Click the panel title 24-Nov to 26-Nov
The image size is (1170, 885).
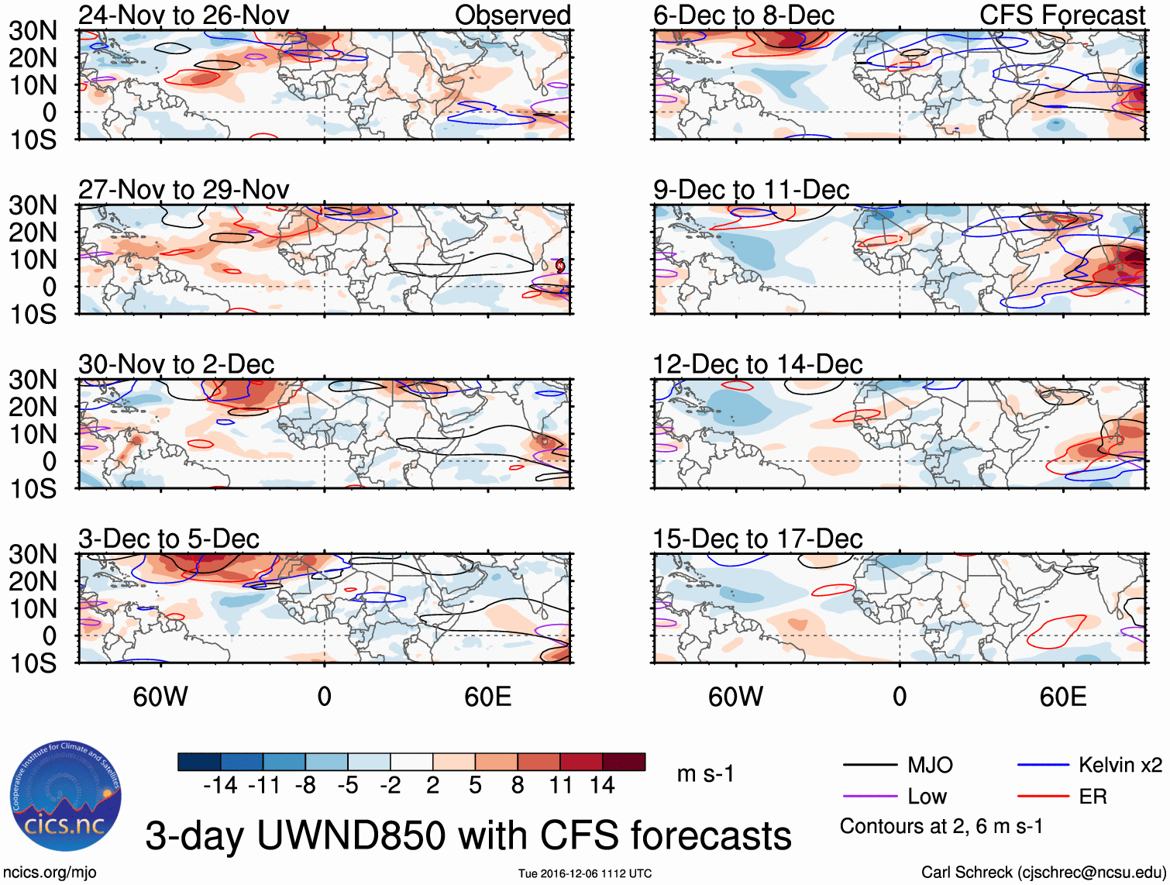coord(184,15)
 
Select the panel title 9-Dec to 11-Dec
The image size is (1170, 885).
coord(751,190)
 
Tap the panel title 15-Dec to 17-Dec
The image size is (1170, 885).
coord(757,539)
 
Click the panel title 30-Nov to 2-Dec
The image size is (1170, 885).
coord(176,364)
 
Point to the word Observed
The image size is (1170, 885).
coord(512,15)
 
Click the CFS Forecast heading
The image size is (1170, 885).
coord(1062,15)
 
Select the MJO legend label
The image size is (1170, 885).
coord(930,766)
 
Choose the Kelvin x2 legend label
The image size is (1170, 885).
coord(1120,766)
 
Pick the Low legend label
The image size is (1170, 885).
coord(927,797)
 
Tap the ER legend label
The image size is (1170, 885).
coord(1093,797)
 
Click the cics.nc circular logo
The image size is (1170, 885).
coord(66,797)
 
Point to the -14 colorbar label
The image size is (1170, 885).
coord(220,786)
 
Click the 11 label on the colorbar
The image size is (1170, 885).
coord(560,786)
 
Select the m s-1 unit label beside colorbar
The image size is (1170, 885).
coord(705,773)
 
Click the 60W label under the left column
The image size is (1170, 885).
coord(160,697)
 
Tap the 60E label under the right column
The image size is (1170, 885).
coord(1062,697)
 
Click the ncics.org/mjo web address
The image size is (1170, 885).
coord(50,873)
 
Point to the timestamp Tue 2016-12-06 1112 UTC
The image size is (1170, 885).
coord(585,873)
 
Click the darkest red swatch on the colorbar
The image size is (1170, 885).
coord(624,762)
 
